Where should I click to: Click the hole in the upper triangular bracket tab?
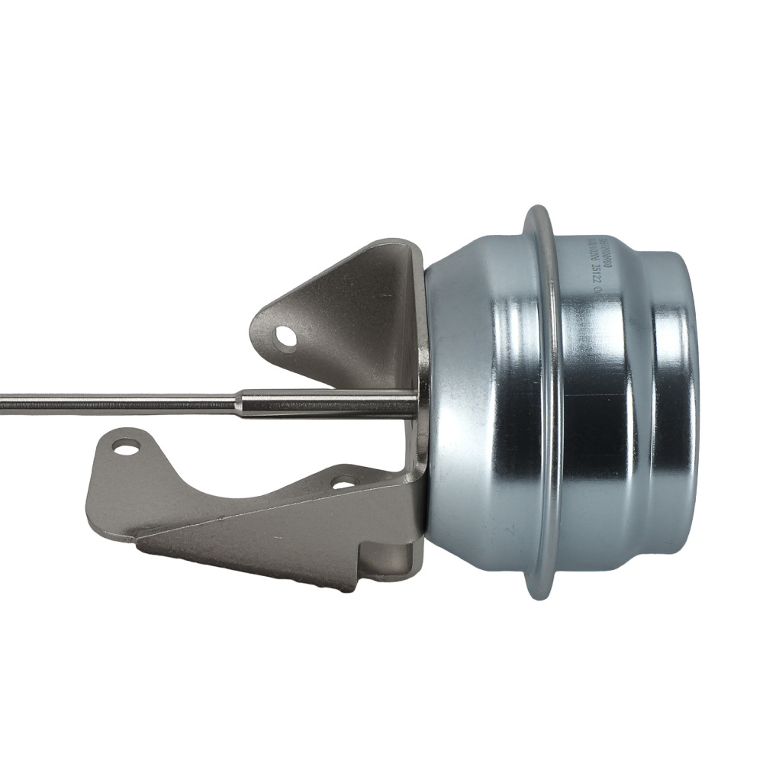click(285, 336)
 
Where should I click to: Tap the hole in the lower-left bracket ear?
click(126, 445)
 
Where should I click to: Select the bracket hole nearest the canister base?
click(345, 482)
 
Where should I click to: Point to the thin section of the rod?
click(114, 400)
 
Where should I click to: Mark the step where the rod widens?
click(238, 401)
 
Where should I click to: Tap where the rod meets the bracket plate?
click(417, 403)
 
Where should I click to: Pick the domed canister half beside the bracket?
click(481, 404)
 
